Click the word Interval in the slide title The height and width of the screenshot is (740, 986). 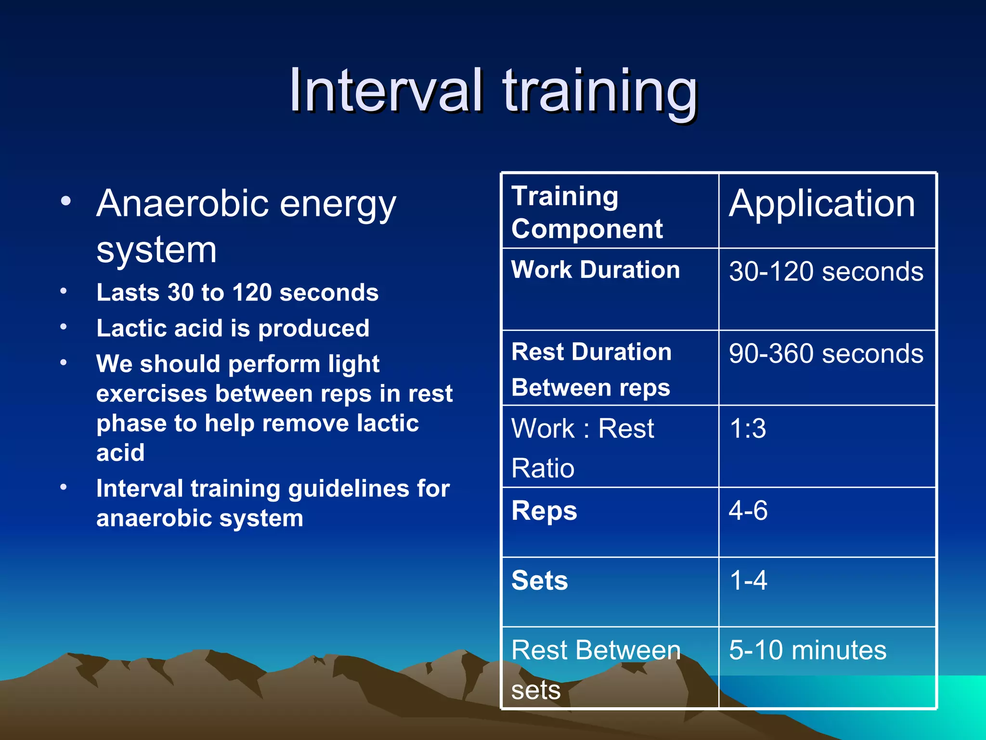385,91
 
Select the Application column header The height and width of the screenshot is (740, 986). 822,204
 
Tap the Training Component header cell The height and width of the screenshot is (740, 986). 587,212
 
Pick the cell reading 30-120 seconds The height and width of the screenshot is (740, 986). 826,272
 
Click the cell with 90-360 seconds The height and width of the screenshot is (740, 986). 826,354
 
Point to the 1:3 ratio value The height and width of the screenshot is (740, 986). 748,428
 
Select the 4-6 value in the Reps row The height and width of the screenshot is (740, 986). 748,511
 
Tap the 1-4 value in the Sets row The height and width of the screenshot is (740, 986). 748,580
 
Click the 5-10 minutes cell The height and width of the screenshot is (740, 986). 807,650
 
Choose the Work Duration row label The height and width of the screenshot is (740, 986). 596,270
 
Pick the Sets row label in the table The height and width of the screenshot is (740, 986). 540,581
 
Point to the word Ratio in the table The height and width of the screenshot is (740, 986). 543,468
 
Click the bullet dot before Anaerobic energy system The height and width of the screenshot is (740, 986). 66,201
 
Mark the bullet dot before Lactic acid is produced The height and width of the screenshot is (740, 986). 64,327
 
